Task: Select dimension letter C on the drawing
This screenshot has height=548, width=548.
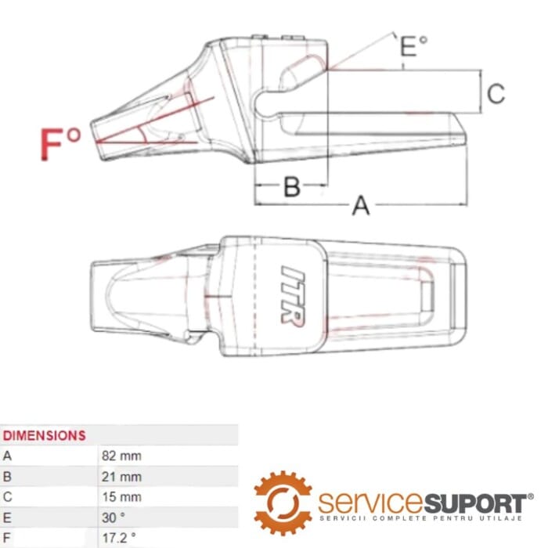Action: click(x=496, y=94)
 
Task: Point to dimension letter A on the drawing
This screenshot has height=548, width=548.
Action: click(x=360, y=205)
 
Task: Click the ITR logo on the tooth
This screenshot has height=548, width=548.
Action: click(x=293, y=297)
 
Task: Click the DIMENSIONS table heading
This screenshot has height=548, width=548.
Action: click(x=45, y=434)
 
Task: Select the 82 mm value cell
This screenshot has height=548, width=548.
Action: click(x=121, y=455)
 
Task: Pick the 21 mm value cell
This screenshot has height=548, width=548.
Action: click(x=121, y=475)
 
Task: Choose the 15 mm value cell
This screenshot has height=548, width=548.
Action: click(x=121, y=496)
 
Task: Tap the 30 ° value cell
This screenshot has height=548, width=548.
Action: click(x=114, y=517)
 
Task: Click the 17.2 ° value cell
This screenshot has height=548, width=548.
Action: click(x=119, y=538)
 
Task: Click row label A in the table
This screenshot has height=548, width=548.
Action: click(x=8, y=455)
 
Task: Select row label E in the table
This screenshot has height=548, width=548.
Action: click(x=8, y=517)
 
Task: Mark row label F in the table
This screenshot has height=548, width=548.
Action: click(x=8, y=538)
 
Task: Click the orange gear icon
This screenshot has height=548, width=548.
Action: click(x=283, y=503)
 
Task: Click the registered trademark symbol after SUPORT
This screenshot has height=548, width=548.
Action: click(x=530, y=496)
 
